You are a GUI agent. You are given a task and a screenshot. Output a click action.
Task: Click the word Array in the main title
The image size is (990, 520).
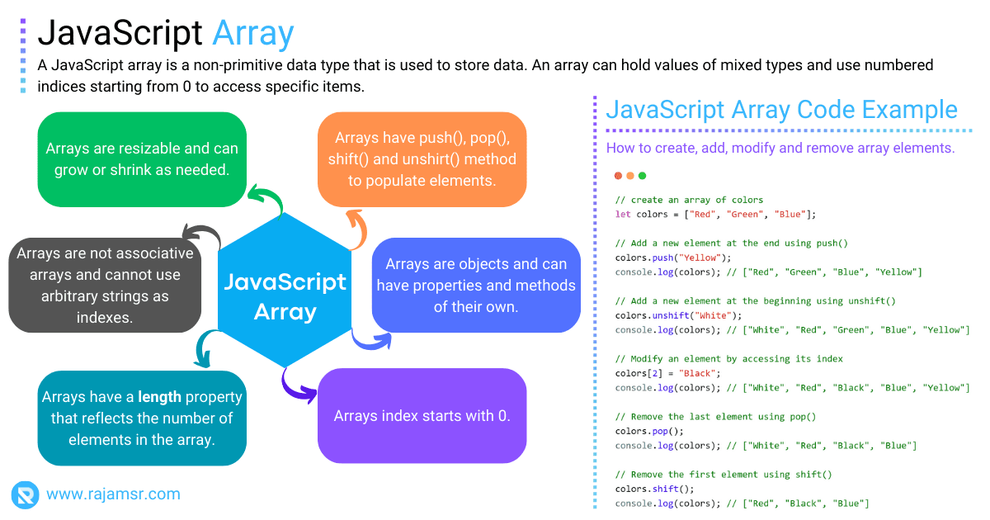click(x=252, y=33)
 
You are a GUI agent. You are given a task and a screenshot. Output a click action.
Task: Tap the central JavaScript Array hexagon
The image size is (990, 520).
click(x=285, y=297)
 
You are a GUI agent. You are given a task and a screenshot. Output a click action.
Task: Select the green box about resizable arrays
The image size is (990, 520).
click(x=142, y=158)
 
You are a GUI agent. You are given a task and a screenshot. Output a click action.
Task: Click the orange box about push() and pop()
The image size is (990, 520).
click(x=422, y=158)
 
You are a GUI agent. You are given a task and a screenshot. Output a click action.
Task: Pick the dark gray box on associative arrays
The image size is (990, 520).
click(x=105, y=285)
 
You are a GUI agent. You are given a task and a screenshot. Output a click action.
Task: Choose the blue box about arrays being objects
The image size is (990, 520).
click(x=476, y=285)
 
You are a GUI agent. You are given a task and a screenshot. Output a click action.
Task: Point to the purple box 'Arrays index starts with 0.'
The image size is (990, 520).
click(x=422, y=415)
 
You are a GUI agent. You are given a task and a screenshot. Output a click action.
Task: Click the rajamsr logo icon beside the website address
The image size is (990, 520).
click(x=25, y=494)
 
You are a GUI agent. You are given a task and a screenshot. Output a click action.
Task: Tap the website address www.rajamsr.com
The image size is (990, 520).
click(x=113, y=494)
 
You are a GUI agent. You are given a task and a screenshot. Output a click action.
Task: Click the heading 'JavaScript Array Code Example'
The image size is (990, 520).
click(x=781, y=110)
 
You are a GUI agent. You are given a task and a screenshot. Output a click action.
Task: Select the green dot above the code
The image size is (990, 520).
click(x=643, y=176)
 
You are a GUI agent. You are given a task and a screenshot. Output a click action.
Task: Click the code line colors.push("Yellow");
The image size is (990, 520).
click(x=662, y=258)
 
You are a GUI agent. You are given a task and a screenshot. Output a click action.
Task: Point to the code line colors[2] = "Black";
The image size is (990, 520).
click(x=662, y=373)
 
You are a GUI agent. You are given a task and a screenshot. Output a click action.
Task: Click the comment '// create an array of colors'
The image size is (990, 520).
click(x=689, y=200)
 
